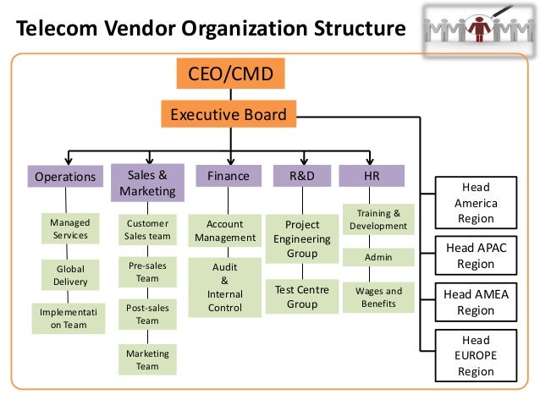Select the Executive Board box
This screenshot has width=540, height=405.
coord(229,114)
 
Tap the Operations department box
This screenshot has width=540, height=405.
coord(65,177)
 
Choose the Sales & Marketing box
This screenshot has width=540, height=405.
coord(147,183)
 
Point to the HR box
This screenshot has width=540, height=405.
coord(371,176)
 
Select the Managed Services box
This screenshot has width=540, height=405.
coord(70,229)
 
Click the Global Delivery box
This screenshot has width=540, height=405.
coord(70,275)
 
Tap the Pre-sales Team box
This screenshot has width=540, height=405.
coord(147,272)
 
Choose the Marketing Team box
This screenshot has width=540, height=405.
coord(147,359)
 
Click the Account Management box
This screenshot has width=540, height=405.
coord(224,231)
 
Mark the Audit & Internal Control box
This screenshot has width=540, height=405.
coord(224,288)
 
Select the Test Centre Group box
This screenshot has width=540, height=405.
coord(301,297)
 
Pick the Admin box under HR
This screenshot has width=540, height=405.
coord(378,256)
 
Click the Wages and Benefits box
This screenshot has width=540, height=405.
coord(378,297)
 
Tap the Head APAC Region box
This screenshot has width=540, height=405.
coord(475,256)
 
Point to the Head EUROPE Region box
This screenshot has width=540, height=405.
coord(475,356)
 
